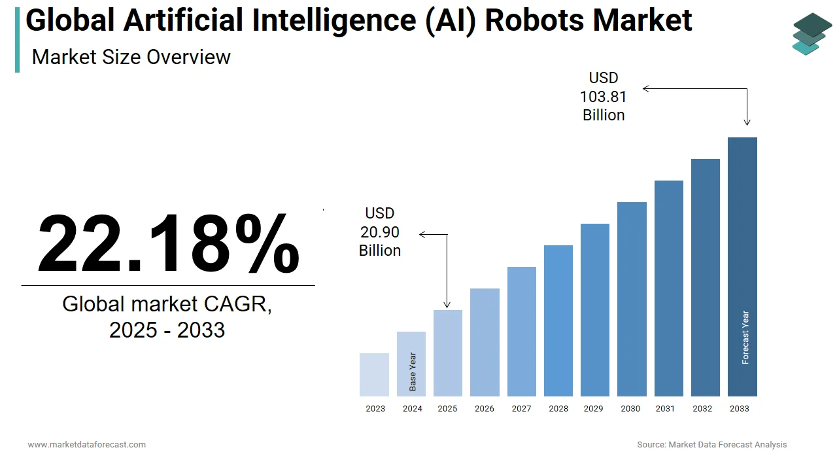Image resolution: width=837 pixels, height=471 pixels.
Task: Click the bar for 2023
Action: [x=374, y=375]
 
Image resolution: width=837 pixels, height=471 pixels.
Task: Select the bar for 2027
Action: [x=521, y=331]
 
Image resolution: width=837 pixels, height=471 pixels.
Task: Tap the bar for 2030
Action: [x=632, y=299]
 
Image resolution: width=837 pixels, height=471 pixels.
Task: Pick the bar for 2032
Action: [x=705, y=277]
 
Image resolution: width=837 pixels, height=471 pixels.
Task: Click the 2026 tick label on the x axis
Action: [x=485, y=409]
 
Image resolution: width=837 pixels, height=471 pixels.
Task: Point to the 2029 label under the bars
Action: [x=593, y=409]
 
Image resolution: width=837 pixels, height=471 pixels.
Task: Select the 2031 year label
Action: [x=665, y=409]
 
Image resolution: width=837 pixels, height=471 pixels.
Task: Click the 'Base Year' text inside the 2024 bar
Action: [x=413, y=372]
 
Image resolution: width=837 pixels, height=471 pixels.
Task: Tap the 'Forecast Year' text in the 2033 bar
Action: [x=745, y=337]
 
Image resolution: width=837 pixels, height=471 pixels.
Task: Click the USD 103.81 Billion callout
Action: [x=603, y=97]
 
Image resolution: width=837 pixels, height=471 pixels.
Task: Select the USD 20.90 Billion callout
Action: [x=380, y=232]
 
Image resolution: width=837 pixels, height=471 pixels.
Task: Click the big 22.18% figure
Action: [x=168, y=243]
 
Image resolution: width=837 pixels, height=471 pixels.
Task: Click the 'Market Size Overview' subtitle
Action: [x=131, y=57]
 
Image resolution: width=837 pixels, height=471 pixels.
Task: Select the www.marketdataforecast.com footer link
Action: [x=87, y=445]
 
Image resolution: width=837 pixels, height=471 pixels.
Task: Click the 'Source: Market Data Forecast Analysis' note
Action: [x=712, y=445]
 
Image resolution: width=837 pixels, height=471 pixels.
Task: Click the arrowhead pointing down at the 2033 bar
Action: [x=747, y=122]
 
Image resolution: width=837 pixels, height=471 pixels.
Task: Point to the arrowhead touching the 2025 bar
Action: [x=447, y=304]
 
